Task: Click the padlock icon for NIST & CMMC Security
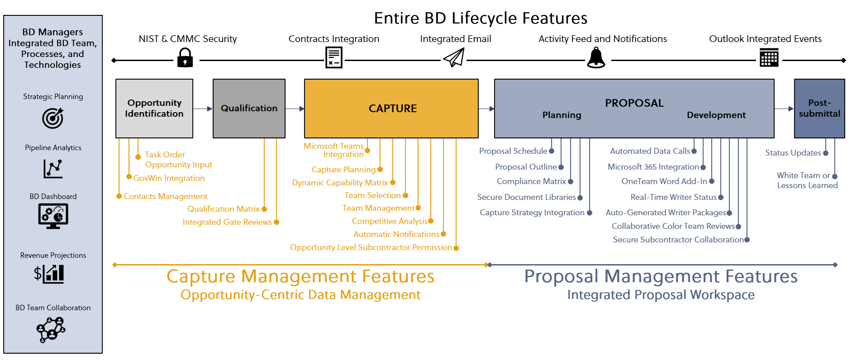coord(185,58)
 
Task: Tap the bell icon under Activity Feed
coord(596,58)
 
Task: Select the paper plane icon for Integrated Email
coord(454,58)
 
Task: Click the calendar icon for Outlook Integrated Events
coord(769,58)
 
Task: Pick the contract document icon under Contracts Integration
coord(334,58)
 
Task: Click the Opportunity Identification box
coord(154,109)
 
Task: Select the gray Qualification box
coord(249,109)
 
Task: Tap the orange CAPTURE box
coord(391,109)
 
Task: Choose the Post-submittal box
coord(819,109)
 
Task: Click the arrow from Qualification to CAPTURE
coord(295,109)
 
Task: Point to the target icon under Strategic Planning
coord(53,118)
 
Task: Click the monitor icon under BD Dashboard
coord(53,216)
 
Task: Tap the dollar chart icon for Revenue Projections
coord(49,274)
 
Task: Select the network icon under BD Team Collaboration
coord(51,330)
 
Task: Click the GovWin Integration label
coord(169,178)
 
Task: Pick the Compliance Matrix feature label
coord(531,181)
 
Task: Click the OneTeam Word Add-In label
coord(664,181)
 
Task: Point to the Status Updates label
coord(793,153)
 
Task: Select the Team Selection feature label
coord(372,195)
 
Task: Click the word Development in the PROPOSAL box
coord(716,115)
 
